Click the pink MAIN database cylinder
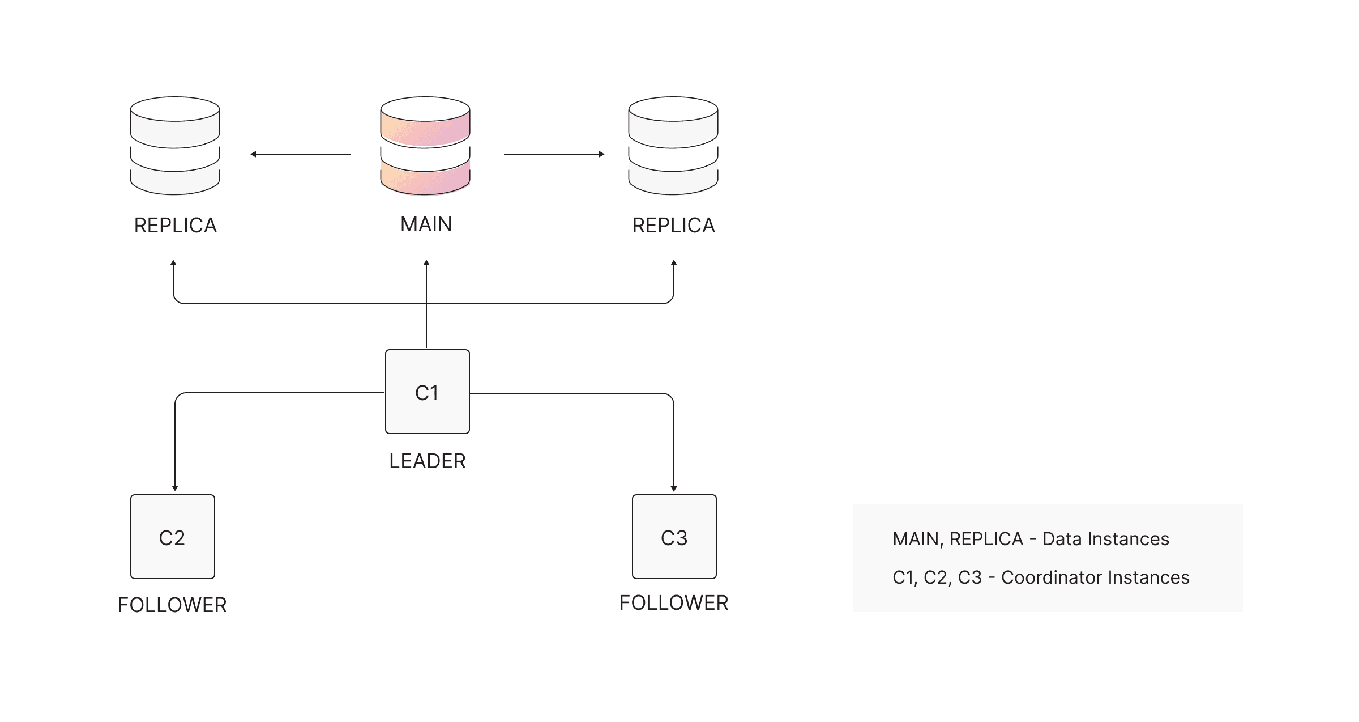coord(425,146)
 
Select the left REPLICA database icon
coord(175,146)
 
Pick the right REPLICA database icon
coord(673,146)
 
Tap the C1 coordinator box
coord(428,392)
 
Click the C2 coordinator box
coord(173,537)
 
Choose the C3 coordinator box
coord(674,537)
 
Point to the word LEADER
coord(428,461)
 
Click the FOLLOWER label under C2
coord(172,605)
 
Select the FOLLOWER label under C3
coord(674,603)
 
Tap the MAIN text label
coord(426,224)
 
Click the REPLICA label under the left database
coord(176,226)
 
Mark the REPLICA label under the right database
coord(674,226)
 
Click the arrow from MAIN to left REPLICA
coord(301,154)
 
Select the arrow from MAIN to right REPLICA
coord(554,154)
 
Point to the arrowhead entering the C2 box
coord(175,488)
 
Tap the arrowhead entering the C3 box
coord(674,488)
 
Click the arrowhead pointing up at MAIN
coord(426,263)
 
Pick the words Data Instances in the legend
coord(1106,539)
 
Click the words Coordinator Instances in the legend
coord(1095,577)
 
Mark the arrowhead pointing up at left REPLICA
coord(173,263)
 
